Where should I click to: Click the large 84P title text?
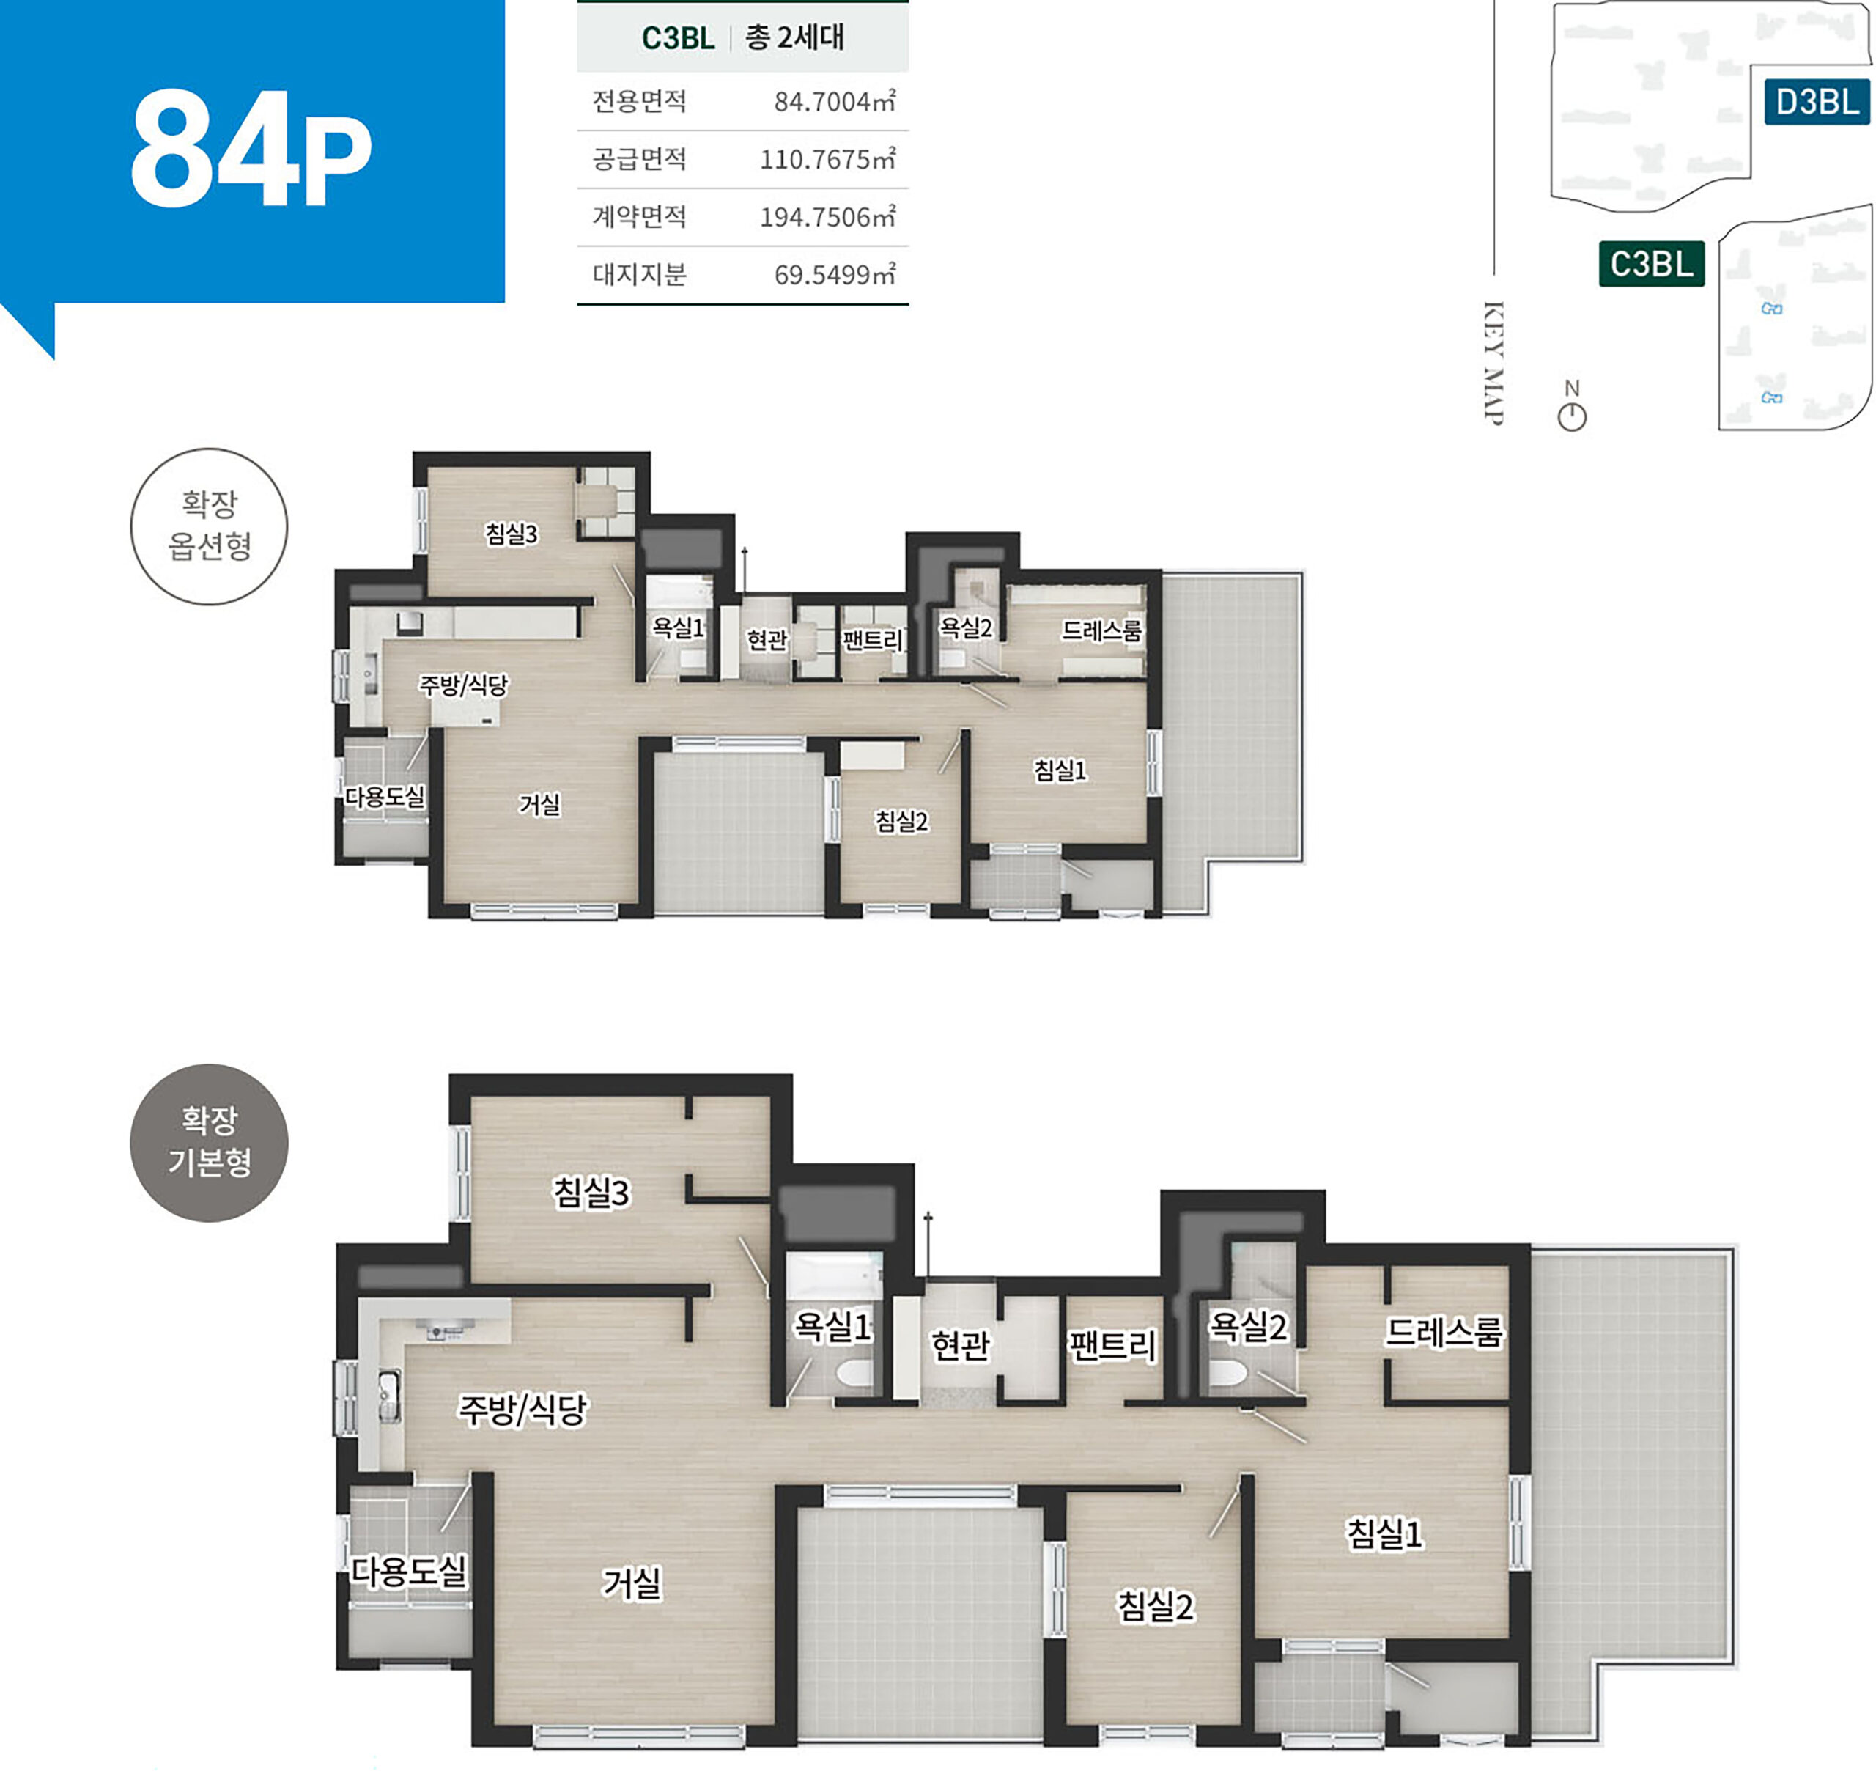point(251,148)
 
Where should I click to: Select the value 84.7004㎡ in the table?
point(834,101)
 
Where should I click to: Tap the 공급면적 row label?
point(639,158)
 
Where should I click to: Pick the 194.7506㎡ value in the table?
point(827,217)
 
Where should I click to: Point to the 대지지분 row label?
point(639,275)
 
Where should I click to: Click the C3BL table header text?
point(678,38)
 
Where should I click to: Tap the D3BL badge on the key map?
point(1817,101)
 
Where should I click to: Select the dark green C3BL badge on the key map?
point(1652,263)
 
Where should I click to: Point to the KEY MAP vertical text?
point(1493,364)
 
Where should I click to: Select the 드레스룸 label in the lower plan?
point(1443,1331)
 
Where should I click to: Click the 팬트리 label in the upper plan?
point(873,640)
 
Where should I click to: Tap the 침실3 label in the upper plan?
point(512,534)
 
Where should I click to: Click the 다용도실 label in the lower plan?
point(409,1571)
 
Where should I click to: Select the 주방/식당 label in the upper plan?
point(463,685)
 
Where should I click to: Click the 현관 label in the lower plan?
point(961,1344)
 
